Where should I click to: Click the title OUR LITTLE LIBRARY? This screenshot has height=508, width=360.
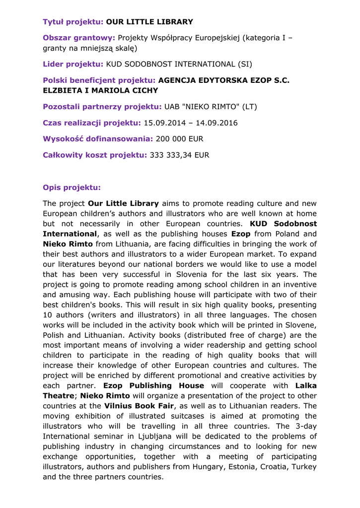(149, 22)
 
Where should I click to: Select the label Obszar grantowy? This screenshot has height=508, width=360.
(79, 38)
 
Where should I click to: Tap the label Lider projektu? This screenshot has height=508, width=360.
(73, 64)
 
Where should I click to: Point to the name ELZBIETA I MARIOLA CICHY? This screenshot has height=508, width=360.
(100, 91)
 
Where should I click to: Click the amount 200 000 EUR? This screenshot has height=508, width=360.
(180, 139)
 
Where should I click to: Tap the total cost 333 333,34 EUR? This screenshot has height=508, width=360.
(179, 155)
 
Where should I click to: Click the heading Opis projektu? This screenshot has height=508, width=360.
(72, 188)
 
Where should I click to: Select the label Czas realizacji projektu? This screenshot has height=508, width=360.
(92, 123)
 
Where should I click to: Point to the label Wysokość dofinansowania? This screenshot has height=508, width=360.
(98, 139)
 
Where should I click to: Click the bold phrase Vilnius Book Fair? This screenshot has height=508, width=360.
(139, 406)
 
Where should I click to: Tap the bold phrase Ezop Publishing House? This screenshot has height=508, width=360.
(153, 385)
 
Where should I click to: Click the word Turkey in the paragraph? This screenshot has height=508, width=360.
(304, 467)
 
